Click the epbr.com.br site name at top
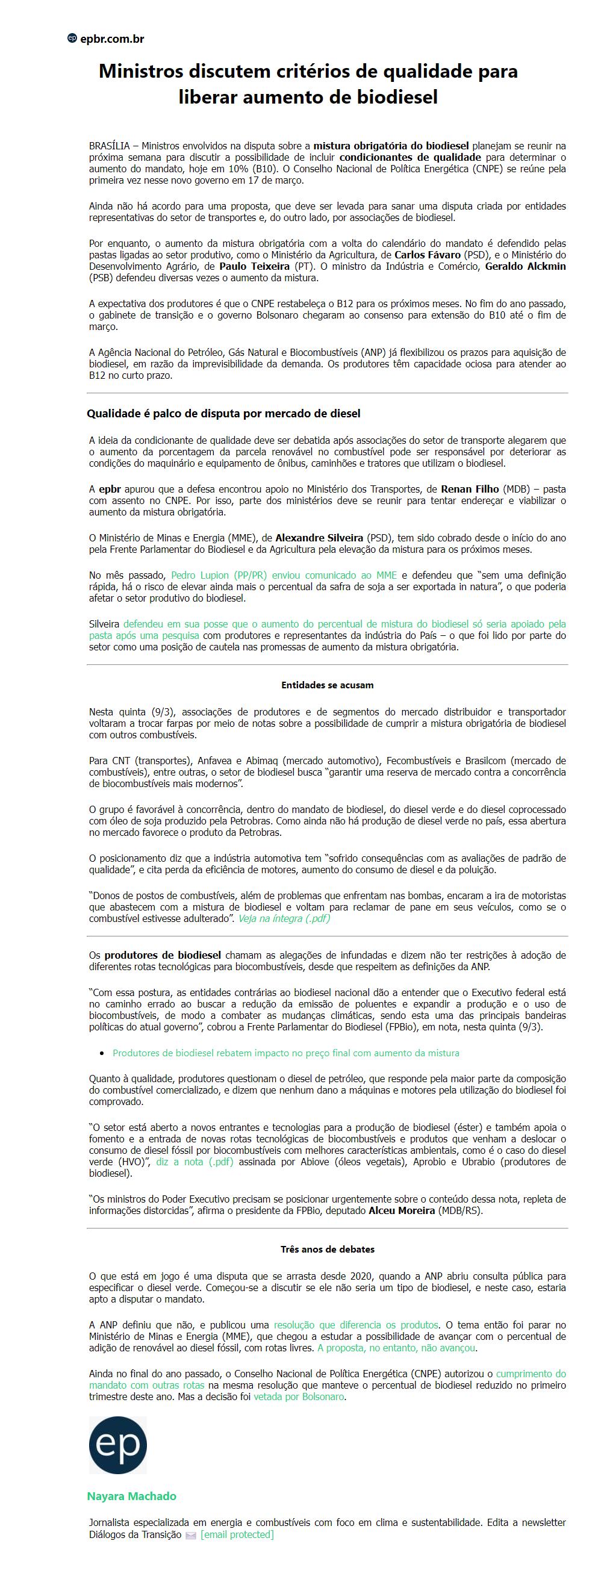point(112,39)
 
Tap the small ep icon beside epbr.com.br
point(72,39)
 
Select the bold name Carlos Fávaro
point(428,255)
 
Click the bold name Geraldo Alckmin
point(525,266)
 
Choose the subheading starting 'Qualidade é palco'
point(223,413)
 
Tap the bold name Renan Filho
point(469,489)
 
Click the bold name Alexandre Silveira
point(319,538)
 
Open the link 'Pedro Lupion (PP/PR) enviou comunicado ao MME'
point(284,575)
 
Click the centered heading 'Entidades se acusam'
point(326,685)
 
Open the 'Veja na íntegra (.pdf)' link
point(284,918)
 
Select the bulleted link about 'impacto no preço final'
point(285,1053)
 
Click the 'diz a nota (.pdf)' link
point(195,1162)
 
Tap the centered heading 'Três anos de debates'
point(326,1249)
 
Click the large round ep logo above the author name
point(118,1445)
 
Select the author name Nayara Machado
point(131,1496)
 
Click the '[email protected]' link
point(237,1534)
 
